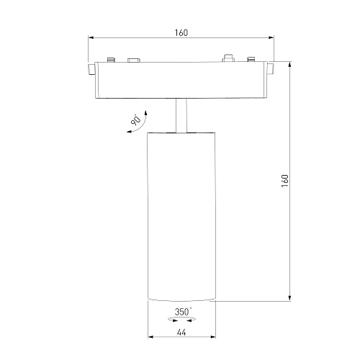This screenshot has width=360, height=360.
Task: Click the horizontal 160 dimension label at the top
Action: click(x=181, y=32)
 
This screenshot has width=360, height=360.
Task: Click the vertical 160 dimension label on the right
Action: click(x=285, y=181)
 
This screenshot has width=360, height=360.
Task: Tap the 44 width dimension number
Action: click(x=181, y=333)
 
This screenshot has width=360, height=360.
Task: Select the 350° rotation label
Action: click(x=183, y=312)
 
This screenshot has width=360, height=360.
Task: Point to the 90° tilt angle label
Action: click(x=136, y=120)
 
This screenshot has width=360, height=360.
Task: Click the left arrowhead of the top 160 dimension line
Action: click(x=91, y=37)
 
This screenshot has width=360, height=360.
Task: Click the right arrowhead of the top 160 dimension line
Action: click(x=271, y=37)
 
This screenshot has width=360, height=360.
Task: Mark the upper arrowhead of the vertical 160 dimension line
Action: click(x=290, y=64)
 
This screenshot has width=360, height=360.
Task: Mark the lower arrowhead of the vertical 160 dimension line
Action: click(x=290, y=297)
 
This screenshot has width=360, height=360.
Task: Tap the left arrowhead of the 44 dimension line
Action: click(x=150, y=337)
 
